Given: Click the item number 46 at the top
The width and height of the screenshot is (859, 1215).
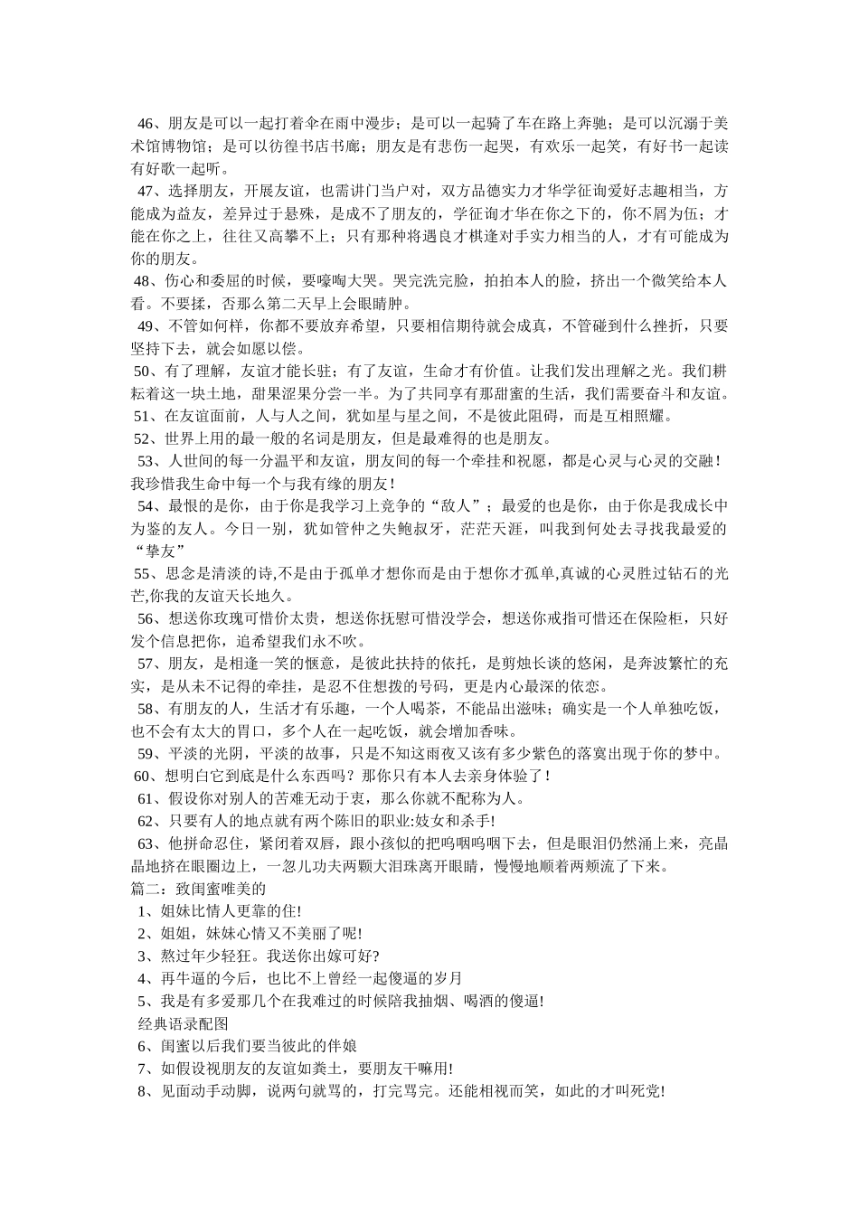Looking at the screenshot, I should click(146, 123).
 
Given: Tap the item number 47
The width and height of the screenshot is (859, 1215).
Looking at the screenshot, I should click(146, 191).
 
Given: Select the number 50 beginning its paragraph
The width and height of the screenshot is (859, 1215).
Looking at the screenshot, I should click(145, 371).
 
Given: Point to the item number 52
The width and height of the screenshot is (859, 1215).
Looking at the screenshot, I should click(145, 438).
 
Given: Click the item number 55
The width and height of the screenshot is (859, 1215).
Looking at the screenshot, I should click(145, 573).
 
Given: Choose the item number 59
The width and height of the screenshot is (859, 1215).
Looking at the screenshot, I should click(146, 753).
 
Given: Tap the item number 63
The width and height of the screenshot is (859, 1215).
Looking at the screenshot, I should click(145, 843).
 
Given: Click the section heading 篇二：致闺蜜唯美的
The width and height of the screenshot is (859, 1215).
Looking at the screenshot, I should click(199, 889).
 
